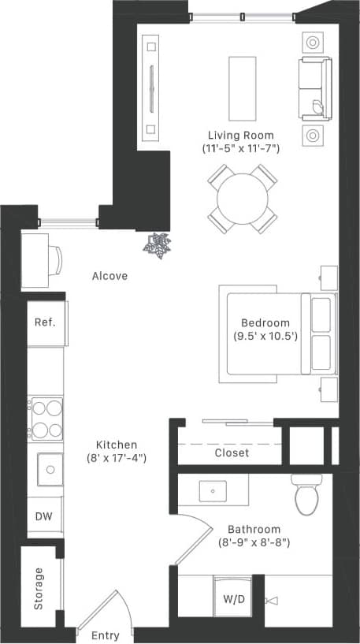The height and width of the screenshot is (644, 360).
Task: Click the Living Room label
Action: pyautogui.click(x=240, y=134)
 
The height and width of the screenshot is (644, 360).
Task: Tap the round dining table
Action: pyautogui.click(x=243, y=199)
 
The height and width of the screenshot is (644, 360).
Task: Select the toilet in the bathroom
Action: pyautogui.click(x=304, y=495)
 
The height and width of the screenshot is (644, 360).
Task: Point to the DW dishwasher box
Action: pyautogui.click(x=44, y=517)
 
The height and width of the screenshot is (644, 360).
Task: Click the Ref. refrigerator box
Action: pyautogui.click(x=44, y=322)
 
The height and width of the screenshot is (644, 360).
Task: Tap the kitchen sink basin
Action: pyautogui.click(x=49, y=470)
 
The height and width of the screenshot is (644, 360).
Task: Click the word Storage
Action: pyautogui.click(x=39, y=588)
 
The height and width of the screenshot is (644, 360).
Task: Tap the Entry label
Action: pyautogui.click(x=105, y=635)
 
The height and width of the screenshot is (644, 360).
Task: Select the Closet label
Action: pyautogui.click(x=232, y=453)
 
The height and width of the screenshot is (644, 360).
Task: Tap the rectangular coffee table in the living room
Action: pyautogui.click(x=243, y=85)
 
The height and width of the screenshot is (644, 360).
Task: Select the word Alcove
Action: pyautogui.click(x=109, y=276)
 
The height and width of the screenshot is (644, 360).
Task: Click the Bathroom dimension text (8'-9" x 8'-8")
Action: pyautogui.click(x=254, y=542)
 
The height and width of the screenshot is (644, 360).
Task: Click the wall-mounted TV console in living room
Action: pyautogui.click(x=150, y=87)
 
